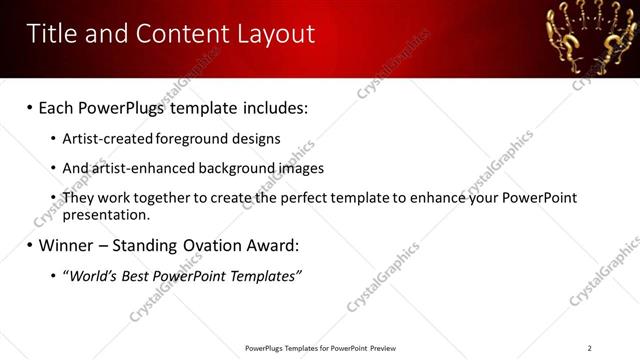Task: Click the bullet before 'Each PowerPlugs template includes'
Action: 30,106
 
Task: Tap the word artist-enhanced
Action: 137,168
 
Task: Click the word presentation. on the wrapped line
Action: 107,214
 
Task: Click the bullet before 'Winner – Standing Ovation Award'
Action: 30,245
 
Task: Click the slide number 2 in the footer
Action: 589,348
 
